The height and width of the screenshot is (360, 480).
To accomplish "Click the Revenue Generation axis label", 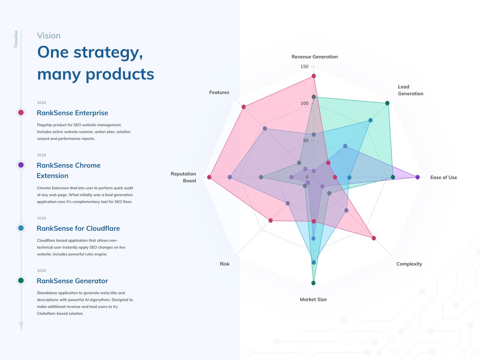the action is pos(315,57).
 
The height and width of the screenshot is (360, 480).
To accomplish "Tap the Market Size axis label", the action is pos(313,300).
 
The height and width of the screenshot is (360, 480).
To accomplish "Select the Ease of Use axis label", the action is pos(443,177).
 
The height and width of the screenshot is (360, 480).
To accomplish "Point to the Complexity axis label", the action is pos(409,264).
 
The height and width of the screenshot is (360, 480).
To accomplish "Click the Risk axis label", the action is pos(225,264).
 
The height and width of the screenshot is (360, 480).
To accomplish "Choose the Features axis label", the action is pos(219,92).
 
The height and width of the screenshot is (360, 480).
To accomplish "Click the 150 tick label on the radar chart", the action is pos(305,66).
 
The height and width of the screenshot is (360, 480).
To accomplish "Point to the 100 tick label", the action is pos(305,103).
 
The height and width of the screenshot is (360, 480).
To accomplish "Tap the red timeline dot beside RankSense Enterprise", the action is pos(21,113).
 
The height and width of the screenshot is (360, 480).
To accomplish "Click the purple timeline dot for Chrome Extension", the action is pos(21,165).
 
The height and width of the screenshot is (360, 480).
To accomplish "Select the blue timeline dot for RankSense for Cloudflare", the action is pos(21,228).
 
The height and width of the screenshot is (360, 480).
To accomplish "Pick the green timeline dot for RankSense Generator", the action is pos(21,281).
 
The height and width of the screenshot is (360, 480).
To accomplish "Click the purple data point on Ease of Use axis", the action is pos(417,177).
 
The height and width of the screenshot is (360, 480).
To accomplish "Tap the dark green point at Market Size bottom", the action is pos(313,283).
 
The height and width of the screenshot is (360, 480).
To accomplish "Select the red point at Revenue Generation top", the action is pos(314,76).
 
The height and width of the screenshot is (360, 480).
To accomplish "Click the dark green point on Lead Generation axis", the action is pos(387,103).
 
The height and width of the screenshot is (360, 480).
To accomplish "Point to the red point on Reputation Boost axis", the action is pos(209,177).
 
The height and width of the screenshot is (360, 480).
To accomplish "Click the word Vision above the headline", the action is pos(49,36).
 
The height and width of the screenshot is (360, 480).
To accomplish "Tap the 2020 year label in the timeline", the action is pos(42,271).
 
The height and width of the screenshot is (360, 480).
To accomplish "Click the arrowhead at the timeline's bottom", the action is pos(21,326).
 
